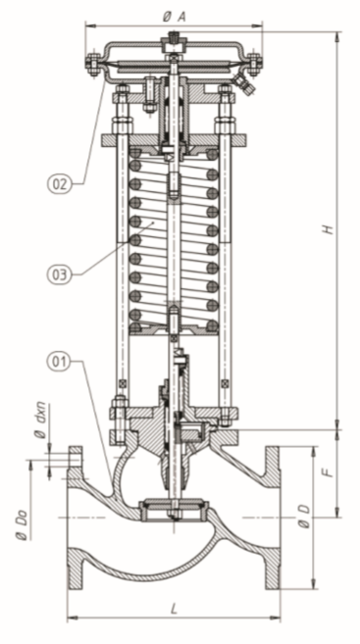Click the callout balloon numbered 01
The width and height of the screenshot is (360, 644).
click(x=60, y=363)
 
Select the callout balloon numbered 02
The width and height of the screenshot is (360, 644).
click(x=59, y=184)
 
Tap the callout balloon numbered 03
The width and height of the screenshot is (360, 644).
click(x=59, y=274)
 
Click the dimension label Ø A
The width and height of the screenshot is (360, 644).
click(x=174, y=17)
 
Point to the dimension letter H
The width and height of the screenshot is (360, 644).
click(x=328, y=229)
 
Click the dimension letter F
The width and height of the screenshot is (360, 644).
click(x=328, y=472)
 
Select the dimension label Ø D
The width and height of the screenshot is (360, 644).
click(x=304, y=517)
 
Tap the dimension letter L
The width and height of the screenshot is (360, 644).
click(x=175, y=609)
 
